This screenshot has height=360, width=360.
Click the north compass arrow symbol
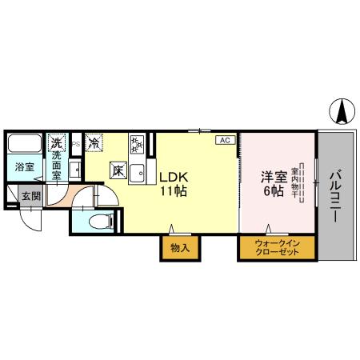click(341, 111)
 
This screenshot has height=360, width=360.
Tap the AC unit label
click(224, 140)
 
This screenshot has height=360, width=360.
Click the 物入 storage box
click(179, 248)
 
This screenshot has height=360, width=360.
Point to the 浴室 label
click(24, 167)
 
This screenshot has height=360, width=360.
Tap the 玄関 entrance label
click(29, 194)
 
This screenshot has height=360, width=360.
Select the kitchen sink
click(138, 171)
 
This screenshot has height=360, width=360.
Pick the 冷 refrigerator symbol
click(95, 144)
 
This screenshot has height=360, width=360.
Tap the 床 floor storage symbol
click(117, 170)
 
